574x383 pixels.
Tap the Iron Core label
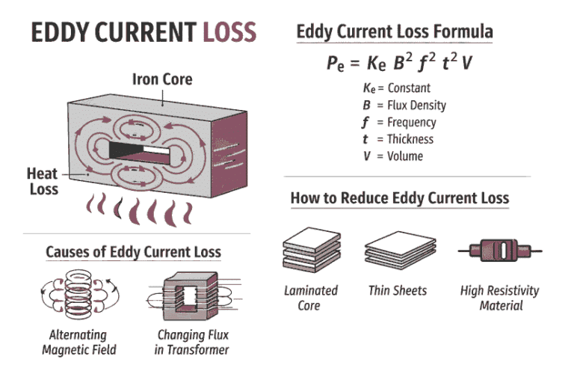click(x=162, y=79)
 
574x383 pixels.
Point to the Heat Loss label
click(x=43, y=182)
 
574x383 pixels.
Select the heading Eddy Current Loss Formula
click(x=395, y=32)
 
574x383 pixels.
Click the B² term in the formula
click(x=405, y=63)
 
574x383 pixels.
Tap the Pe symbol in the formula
click(x=336, y=64)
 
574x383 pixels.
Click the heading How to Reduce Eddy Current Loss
click(x=399, y=198)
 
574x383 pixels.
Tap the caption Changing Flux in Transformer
click(x=192, y=343)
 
